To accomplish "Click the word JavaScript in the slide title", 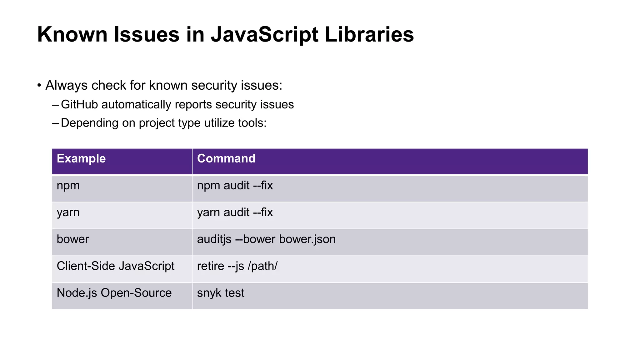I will click(x=264, y=34).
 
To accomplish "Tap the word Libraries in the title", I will click(x=369, y=34).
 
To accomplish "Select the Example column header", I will click(x=81, y=158).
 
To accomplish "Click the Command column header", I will click(x=226, y=158).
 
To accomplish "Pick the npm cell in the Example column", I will click(x=68, y=186).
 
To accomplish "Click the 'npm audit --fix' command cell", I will click(x=235, y=186).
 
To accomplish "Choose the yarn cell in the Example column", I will click(x=68, y=212).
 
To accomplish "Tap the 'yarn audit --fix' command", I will click(x=235, y=212).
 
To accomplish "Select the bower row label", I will click(x=73, y=239).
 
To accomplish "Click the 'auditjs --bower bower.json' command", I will click(x=266, y=239).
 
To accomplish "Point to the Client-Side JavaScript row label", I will click(x=116, y=266).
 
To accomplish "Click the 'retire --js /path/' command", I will click(x=237, y=266).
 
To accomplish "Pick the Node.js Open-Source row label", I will click(x=114, y=293).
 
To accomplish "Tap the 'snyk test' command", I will click(x=221, y=293).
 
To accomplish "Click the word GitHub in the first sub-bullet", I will click(x=79, y=105).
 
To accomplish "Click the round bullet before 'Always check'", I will click(x=39, y=86).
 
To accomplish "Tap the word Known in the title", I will click(x=72, y=34).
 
